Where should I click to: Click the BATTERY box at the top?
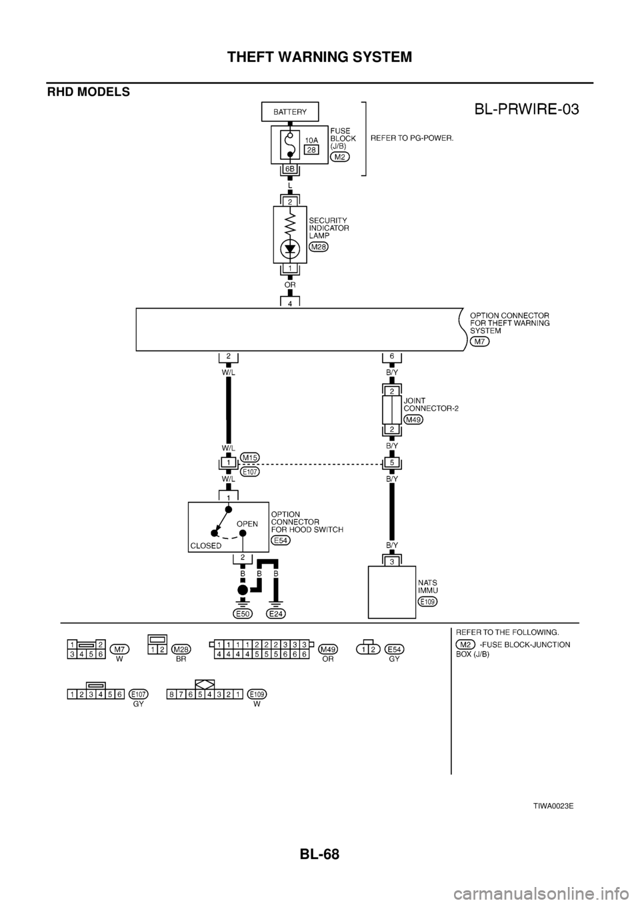290,112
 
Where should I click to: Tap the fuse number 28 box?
311,150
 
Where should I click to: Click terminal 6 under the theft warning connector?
391,357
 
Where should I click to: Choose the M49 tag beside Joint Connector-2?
413,419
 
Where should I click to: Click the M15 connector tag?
250,458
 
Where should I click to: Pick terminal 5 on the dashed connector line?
391,462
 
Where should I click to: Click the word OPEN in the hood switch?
247,524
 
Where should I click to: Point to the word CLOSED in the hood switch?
206,545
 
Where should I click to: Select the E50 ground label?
243,613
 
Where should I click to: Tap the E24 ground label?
277,613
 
